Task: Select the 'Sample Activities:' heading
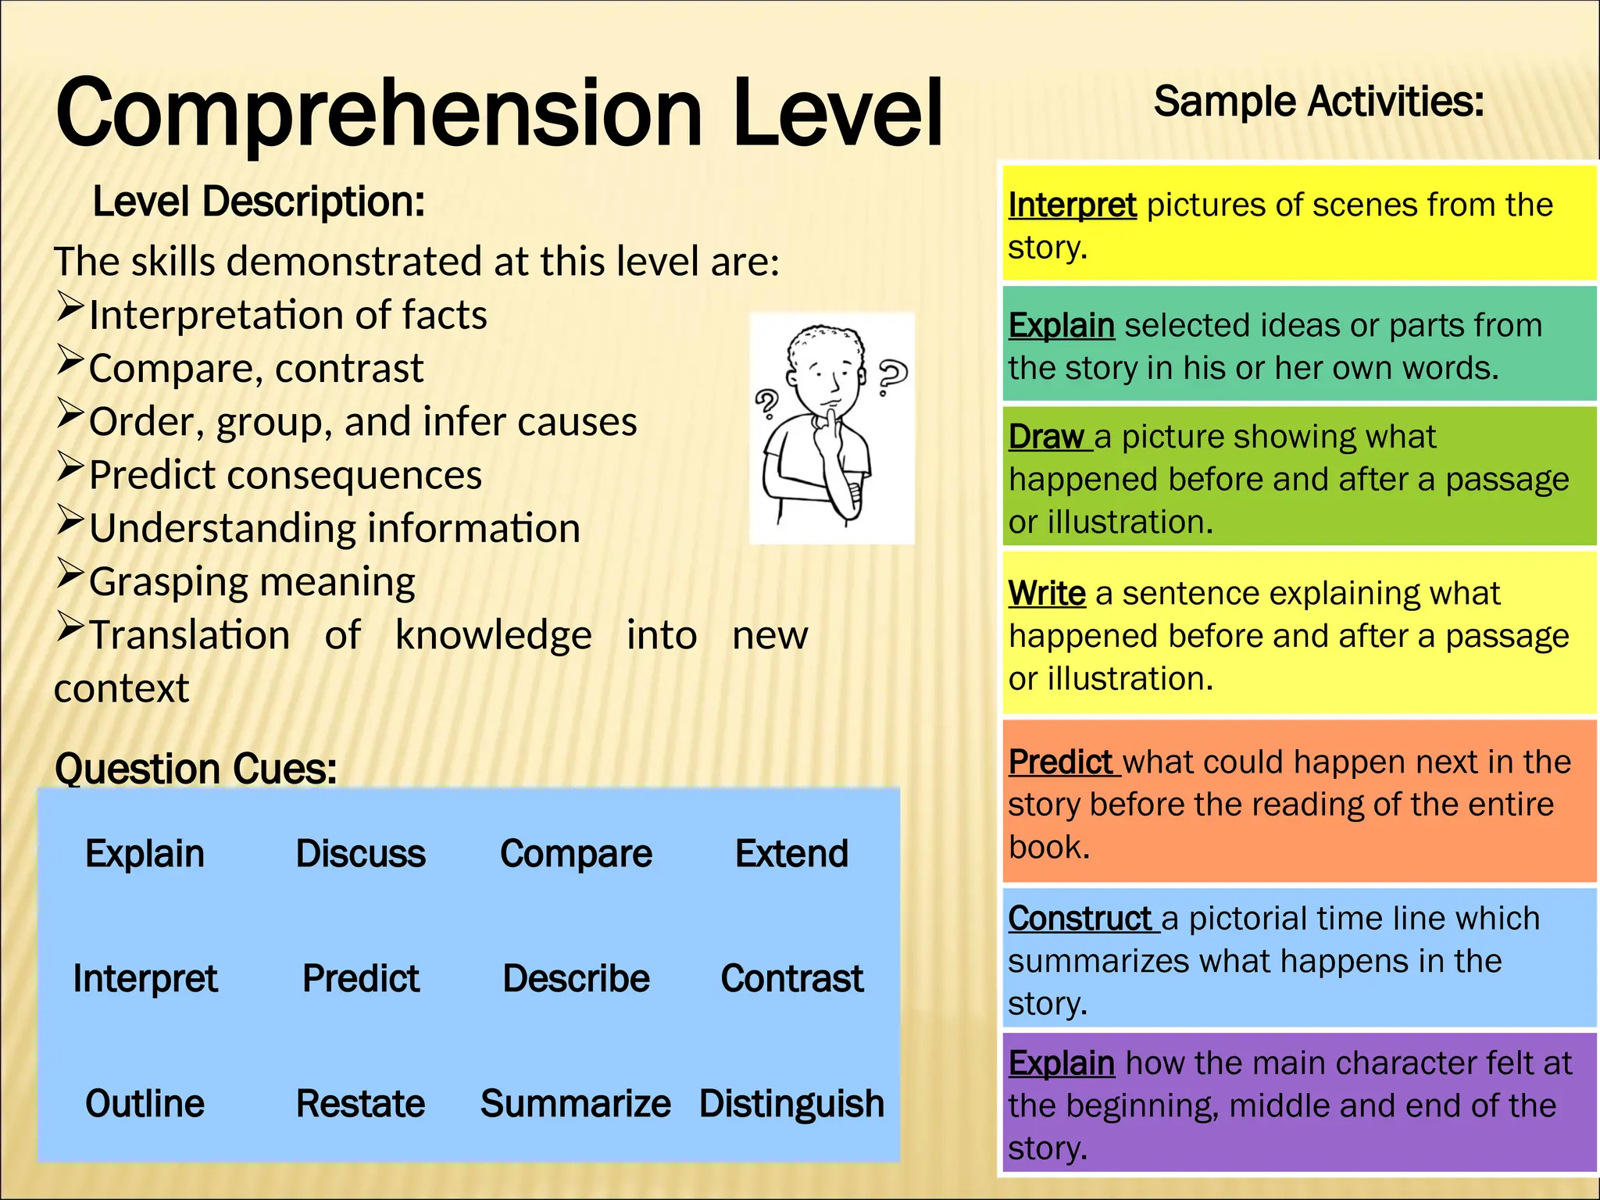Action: coord(1319,102)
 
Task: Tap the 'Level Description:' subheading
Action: coord(259,202)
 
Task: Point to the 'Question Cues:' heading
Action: coord(195,769)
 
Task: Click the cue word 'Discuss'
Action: coord(360,854)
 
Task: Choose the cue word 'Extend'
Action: coord(791,854)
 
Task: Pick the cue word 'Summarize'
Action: coord(576,1104)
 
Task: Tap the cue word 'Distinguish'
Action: coord(791,1104)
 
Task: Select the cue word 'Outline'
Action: coord(145,1104)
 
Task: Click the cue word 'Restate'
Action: coord(360,1104)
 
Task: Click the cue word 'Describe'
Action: coord(576,979)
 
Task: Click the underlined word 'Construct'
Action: coord(1079,919)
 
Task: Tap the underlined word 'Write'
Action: coord(1047,594)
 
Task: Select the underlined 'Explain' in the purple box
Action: coord(1061,1063)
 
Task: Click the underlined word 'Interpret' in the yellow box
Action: coord(1072,205)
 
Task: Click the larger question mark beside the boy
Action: coord(892,377)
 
